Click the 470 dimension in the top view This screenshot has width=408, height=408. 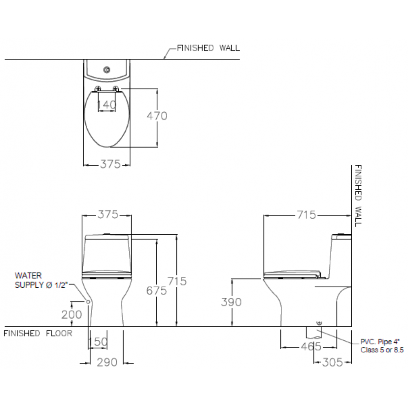[x=157, y=116]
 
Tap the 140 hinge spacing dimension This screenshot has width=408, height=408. [x=106, y=105]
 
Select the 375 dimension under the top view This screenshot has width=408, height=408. [x=110, y=164]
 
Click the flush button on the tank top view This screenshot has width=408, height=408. [x=106, y=69]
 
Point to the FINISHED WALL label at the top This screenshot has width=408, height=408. [x=208, y=48]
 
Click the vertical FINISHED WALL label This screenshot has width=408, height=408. [x=358, y=195]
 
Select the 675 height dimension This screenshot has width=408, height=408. [x=156, y=290]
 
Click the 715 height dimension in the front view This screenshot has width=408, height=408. [x=177, y=281]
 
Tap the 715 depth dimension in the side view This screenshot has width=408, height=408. [x=306, y=215]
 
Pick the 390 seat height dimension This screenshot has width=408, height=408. [x=231, y=302]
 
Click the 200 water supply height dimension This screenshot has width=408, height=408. [x=71, y=315]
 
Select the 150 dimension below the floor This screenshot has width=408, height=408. [x=98, y=341]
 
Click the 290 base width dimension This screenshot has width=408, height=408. [x=107, y=362]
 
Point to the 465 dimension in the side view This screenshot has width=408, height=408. [x=311, y=346]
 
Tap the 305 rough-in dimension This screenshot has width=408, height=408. [x=333, y=362]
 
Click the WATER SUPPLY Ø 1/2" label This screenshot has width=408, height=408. [x=41, y=280]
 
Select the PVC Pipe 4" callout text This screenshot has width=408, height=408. [x=382, y=346]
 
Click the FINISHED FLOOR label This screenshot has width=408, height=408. [x=38, y=333]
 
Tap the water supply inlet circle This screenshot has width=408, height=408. [x=88, y=302]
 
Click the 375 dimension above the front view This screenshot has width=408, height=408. [x=108, y=215]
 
